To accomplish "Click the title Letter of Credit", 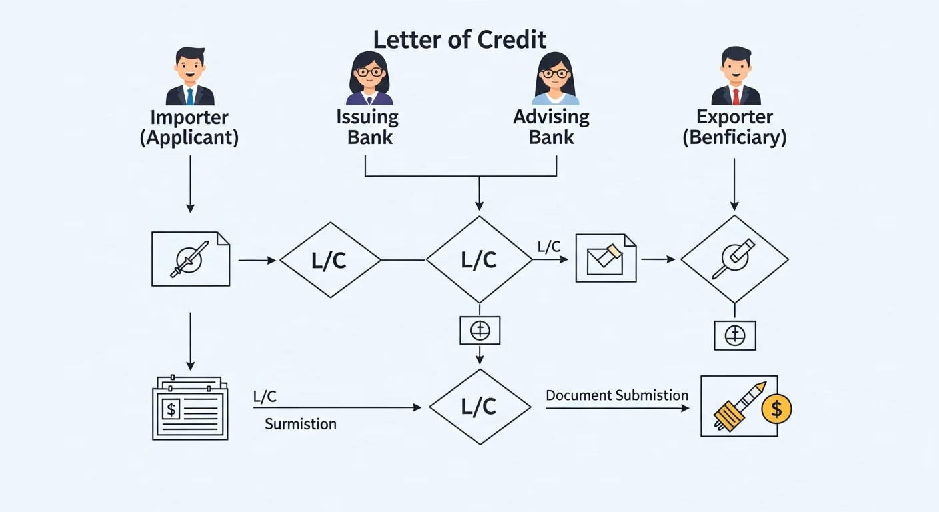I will (459, 40).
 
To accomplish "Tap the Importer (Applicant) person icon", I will (190, 77).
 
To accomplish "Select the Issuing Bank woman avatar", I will (369, 78).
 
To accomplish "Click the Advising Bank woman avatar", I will (555, 78).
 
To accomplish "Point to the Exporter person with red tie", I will (735, 77).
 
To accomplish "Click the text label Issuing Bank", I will (367, 127).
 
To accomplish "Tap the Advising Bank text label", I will (551, 127).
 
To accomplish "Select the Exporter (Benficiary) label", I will (734, 127).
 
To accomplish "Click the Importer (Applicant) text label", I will (189, 127).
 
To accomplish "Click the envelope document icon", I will (605, 258).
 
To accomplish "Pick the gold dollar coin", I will (776, 409).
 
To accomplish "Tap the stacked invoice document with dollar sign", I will (190, 408).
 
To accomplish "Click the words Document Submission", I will (617, 395).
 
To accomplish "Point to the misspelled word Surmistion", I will (301, 424).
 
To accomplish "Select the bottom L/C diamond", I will (480, 407).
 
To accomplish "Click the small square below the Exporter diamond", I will (734, 335).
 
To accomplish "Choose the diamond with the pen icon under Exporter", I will (734, 259).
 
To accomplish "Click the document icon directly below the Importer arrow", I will (190, 259).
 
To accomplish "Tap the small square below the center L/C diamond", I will (480, 331).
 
